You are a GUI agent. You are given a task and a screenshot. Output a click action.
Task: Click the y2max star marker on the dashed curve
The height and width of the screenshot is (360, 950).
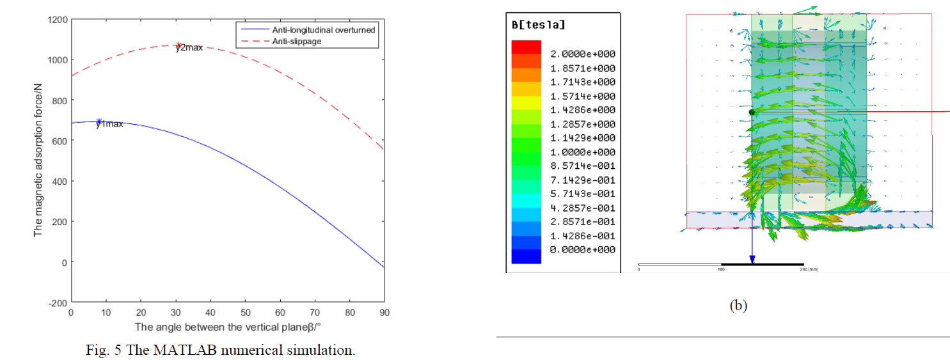[x=179, y=45]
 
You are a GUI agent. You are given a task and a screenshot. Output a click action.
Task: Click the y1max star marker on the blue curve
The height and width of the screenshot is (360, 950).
[x=99, y=121]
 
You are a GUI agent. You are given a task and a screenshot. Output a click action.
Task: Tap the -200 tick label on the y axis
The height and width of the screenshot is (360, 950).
[x=57, y=302]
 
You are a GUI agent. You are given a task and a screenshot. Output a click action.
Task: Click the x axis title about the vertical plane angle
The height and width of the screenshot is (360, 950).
[x=227, y=327]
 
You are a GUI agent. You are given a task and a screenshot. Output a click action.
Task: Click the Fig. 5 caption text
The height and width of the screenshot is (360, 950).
[x=220, y=350]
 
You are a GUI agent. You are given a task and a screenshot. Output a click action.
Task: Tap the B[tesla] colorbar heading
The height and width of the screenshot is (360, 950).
[x=539, y=25]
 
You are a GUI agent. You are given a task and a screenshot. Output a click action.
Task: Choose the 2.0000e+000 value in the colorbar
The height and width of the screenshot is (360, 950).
[x=582, y=54]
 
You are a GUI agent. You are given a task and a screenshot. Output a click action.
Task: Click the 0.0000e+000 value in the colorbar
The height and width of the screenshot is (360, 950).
[x=582, y=249]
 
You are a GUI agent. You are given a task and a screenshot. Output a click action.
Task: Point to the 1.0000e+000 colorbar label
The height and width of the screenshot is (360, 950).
[x=582, y=152]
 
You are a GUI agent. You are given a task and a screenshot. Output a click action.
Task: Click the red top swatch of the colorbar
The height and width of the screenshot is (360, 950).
[x=526, y=47]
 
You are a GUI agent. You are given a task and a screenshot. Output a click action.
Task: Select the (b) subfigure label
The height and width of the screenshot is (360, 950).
[x=738, y=305]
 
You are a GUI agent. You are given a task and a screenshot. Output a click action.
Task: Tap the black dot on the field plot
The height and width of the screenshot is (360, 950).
[x=752, y=113]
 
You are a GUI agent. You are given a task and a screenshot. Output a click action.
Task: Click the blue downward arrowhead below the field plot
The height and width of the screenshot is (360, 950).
[x=752, y=260]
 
